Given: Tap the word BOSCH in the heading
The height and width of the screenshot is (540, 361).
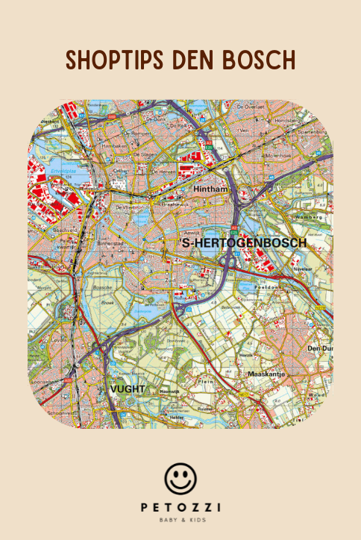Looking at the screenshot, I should [257, 60].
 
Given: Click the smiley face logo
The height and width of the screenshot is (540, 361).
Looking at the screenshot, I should [180, 478].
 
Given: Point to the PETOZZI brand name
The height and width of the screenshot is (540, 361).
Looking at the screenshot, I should [180, 507].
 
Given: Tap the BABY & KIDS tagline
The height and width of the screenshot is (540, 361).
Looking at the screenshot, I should [180, 520].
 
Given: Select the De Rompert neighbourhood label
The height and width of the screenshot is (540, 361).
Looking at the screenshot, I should [142, 134].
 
